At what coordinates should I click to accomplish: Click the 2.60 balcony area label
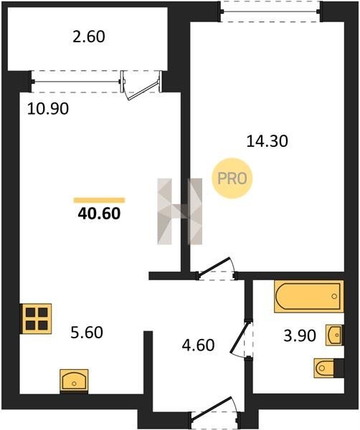[89, 37]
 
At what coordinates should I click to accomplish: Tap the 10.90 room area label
[48, 109]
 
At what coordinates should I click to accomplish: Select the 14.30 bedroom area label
[267, 141]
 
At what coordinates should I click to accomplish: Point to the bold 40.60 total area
[99, 214]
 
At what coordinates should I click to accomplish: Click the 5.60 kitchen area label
[87, 333]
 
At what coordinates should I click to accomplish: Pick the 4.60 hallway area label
[198, 345]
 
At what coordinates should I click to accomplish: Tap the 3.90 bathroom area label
[300, 335]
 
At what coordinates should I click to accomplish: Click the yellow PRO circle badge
[232, 178]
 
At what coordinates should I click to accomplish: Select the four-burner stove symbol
[37, 319]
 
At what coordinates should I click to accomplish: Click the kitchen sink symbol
[74, 381]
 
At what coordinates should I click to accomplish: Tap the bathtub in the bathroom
[308, 297]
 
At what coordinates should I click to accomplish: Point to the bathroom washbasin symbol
[334, 335]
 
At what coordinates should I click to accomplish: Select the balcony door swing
[141, 85]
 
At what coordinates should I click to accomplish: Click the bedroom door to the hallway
[217, 269]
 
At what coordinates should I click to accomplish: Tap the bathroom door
[242, 339]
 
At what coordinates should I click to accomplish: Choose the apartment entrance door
[216, 412]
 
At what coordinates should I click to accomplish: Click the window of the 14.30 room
[270, 11]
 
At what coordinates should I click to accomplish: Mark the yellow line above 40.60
[99, 200]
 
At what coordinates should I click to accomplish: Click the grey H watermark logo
[180, 211]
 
